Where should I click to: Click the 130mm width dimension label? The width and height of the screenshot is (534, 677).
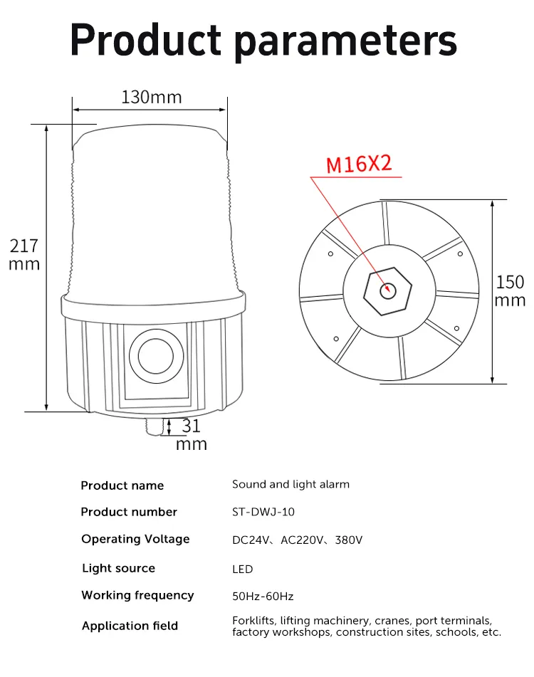[x=151, y=97]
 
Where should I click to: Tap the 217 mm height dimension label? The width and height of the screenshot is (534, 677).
[x=24, y=255]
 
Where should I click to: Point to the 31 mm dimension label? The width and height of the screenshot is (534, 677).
[x=191, y=435]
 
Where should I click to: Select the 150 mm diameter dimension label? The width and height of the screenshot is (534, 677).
[x=510, y=290]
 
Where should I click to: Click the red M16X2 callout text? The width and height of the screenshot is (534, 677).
[x=359, y=164]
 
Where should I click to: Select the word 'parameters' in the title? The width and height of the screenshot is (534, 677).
[x=345, y=41]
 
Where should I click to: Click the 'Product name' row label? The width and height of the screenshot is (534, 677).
[x=122, y=486]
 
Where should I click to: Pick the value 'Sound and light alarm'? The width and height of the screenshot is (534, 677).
[x=290, y=484]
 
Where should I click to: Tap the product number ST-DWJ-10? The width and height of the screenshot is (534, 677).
[x=264, y=512]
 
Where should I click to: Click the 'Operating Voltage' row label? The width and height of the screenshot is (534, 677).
[x=135, y=539]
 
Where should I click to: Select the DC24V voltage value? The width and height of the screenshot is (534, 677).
[x=251, y=540]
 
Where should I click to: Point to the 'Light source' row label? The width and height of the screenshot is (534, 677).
[x=118, y=568]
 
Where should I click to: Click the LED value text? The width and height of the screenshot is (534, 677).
[x=242, y=569]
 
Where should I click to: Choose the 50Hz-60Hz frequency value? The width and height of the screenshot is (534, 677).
[x=263, y=596]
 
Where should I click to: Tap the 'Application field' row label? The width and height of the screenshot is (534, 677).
[x=130, y=626]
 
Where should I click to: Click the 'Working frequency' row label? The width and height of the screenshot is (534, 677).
[x=137, y=595]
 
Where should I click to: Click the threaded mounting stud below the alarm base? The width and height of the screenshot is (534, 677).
[x=151, y=426]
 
